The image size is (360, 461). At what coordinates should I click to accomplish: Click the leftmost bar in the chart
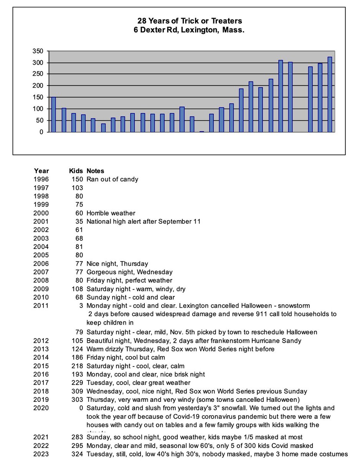coord(53,114)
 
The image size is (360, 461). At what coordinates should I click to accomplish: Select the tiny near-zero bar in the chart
coord(201,131)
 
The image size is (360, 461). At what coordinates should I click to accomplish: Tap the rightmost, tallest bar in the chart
coord(330,95)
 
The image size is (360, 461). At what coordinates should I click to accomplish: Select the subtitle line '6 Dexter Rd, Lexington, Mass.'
coord(189,30)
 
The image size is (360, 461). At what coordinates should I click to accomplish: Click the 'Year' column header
coord(41,171)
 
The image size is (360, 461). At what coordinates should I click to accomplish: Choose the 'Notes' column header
coord(95,171)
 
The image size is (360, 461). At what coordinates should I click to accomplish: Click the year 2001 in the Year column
coord(41,221)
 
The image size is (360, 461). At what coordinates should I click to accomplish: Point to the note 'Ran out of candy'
coord(112,179)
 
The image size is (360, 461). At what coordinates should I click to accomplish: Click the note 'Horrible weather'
coord(111,213)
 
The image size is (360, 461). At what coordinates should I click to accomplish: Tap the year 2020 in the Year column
coord(41,408)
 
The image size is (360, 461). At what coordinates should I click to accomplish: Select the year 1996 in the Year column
coord(41,179)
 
